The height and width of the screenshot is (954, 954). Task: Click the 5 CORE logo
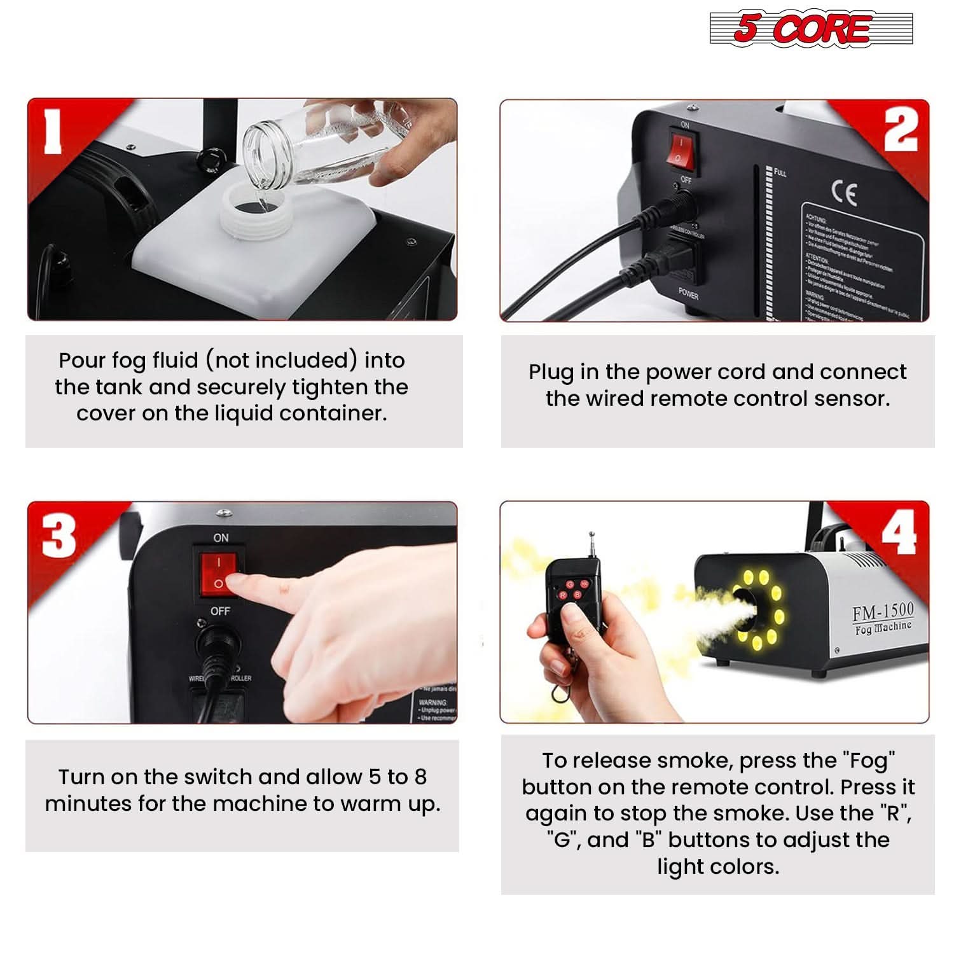click(811, 29)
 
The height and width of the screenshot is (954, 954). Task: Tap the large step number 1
click(53, 131)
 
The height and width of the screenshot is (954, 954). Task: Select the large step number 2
click(900, 129)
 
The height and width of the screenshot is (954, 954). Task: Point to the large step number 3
click(59, 534)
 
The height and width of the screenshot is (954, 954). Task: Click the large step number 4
click(898, 532)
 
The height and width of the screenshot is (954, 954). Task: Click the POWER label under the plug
click(688, 294)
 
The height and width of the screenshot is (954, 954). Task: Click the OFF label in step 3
click(220, 611)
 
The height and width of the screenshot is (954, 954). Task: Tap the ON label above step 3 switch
click(221, 538)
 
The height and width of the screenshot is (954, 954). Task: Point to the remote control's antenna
click(591, 544)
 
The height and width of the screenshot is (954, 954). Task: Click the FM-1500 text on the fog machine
click(883, 611)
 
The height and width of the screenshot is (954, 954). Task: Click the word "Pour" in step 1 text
click(81, 361)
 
